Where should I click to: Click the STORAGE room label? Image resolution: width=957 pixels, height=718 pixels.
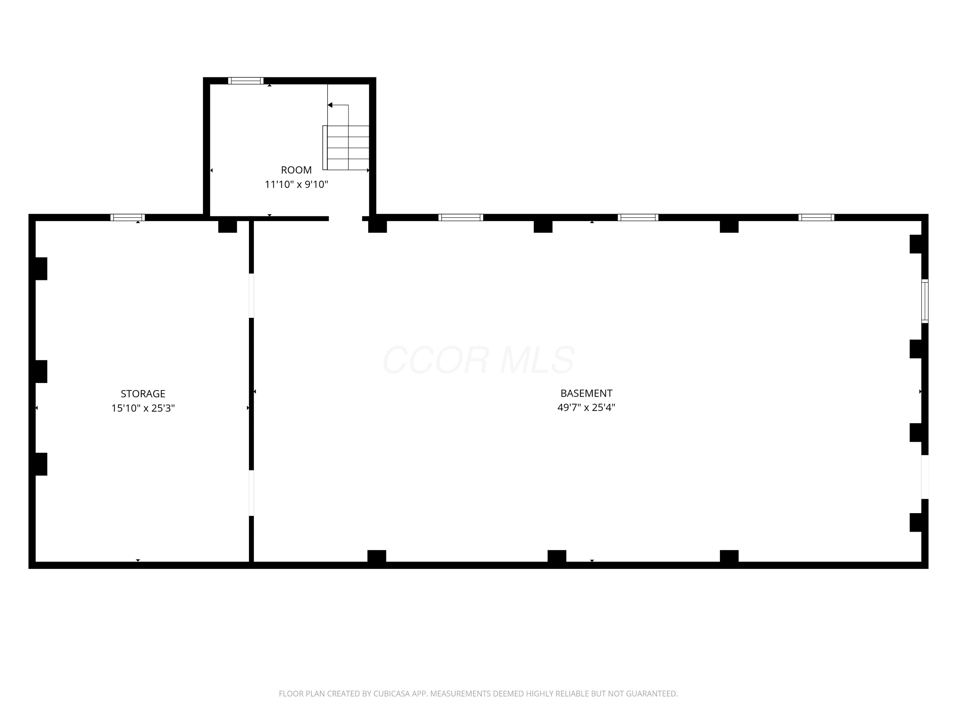point(143,393)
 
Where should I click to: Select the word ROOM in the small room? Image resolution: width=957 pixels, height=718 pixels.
point(296,170)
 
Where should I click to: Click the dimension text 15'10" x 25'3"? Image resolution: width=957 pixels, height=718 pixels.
point(143,408)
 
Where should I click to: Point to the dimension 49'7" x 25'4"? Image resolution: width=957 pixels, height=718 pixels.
point(586,407)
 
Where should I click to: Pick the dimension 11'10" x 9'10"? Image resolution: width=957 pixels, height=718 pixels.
point(296,184)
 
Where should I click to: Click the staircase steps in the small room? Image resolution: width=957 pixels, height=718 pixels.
point(348,147)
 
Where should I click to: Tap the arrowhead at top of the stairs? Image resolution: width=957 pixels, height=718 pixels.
point(330,105)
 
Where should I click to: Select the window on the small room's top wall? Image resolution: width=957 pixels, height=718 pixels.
point(246,80)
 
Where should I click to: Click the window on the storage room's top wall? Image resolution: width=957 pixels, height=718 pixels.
point(128,217)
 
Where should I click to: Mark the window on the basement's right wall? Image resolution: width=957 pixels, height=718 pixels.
point(924,301)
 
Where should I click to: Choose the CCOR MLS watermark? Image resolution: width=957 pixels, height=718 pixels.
point(478,360)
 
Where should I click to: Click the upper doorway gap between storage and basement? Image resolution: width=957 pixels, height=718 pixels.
point(251,295)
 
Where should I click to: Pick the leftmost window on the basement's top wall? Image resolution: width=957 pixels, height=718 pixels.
point(461,217)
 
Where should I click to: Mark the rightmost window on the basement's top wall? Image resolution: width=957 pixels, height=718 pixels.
point(816,217)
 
